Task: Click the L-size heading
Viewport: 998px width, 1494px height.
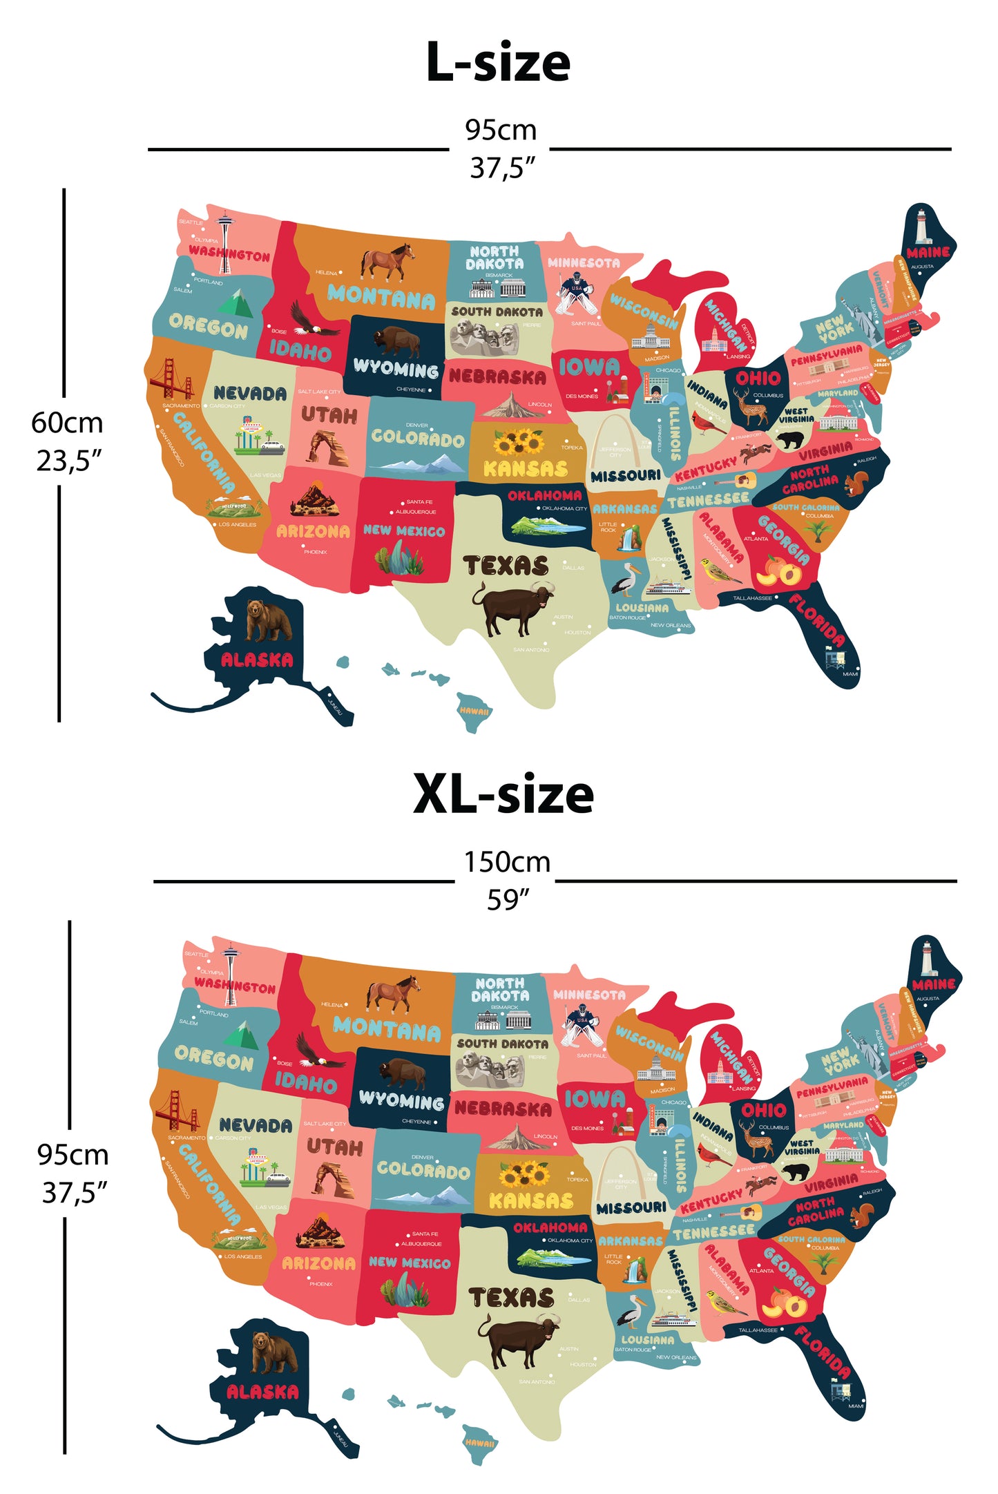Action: point(498,62)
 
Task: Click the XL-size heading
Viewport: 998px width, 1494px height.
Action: point(503,794)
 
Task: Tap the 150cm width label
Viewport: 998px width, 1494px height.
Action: point(506,862)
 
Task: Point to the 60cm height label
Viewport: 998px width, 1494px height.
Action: point(67,423)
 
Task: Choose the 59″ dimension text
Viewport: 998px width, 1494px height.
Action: point(508,900)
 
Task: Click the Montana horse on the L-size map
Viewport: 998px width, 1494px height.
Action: point(387,262)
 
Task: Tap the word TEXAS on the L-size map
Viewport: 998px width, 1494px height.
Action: point(506,566)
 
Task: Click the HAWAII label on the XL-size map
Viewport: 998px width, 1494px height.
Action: point(479,1443)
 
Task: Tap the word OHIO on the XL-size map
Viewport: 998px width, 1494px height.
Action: point(763,1110)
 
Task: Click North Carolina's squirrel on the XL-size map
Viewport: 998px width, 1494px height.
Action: point(862,1215)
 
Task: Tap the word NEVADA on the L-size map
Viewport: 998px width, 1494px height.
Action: point(250,394)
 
